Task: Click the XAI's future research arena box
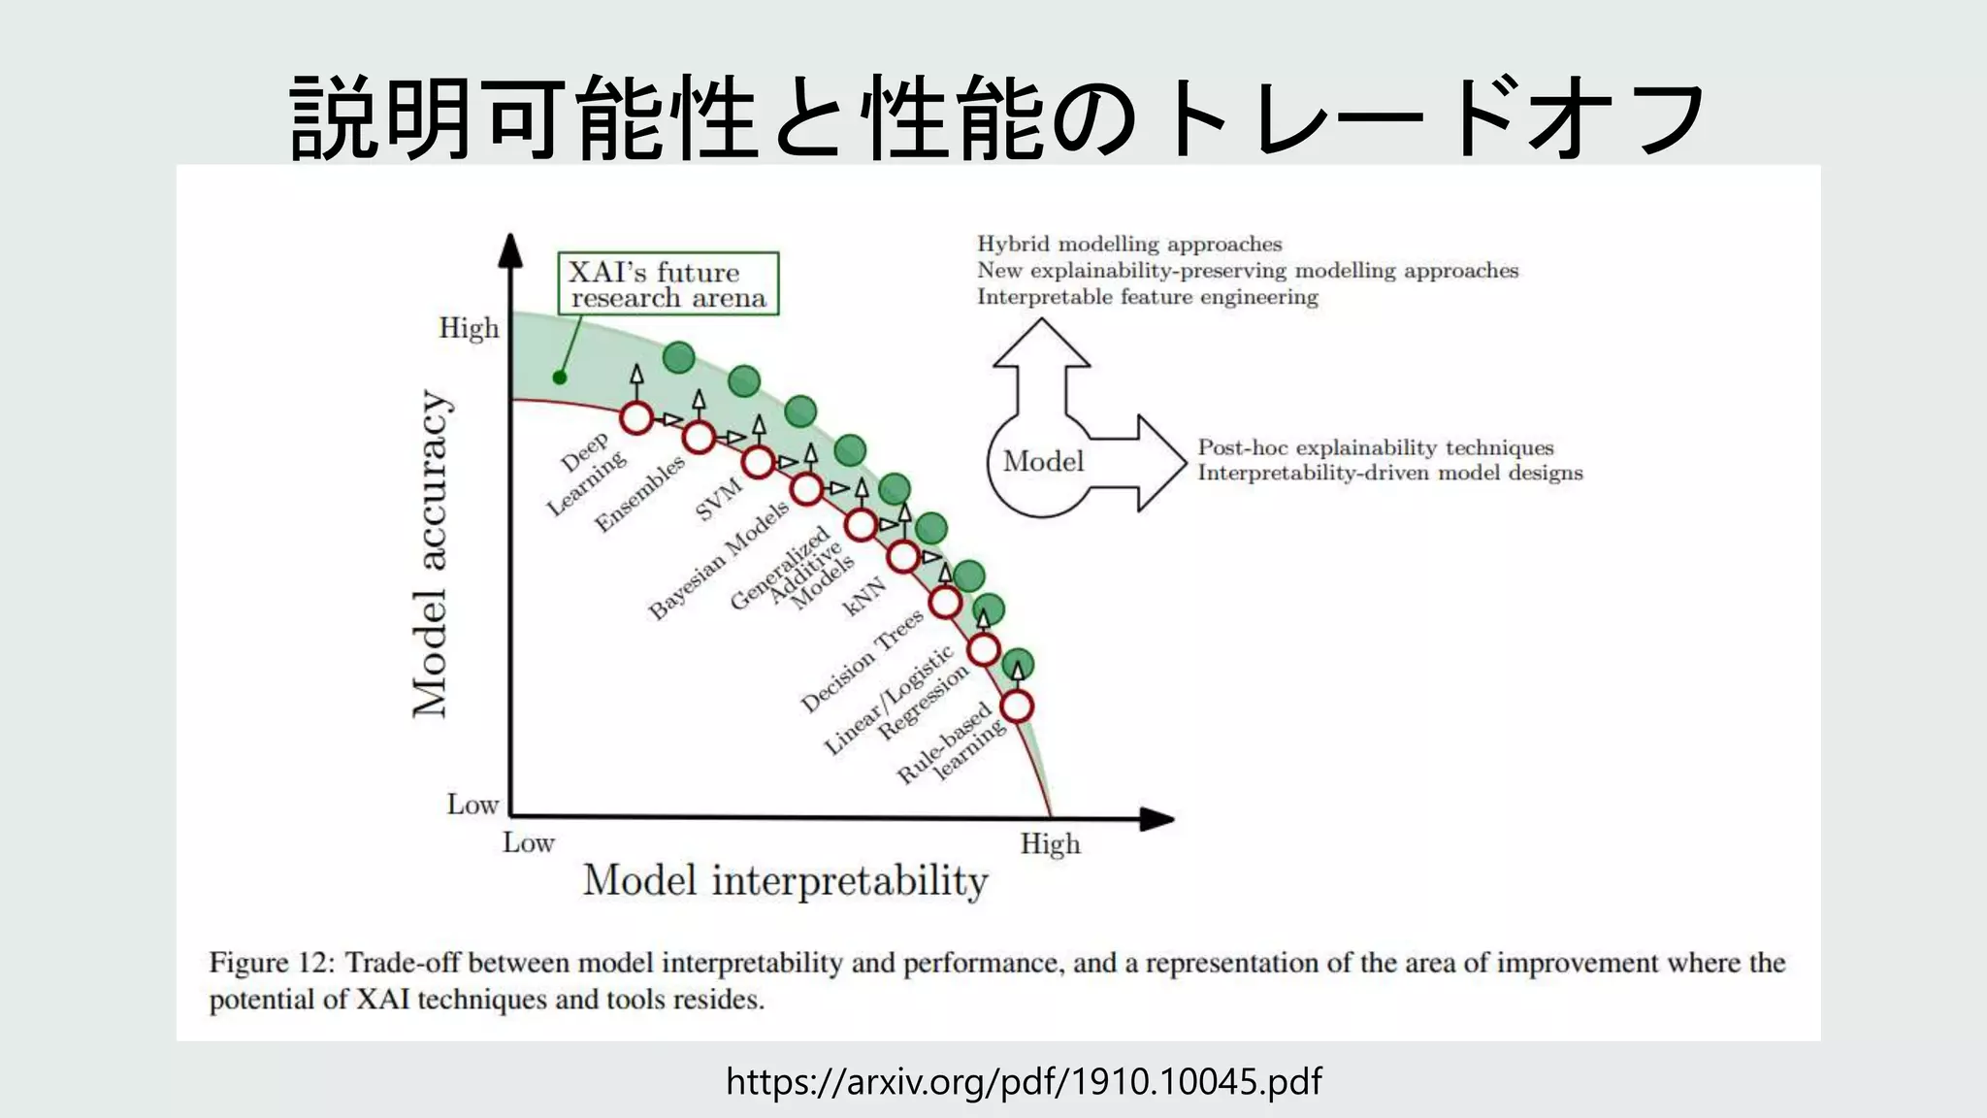coord(668,283)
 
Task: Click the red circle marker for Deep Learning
coord(636,418)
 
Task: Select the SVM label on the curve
coord(719,499)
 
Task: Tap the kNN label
coord(863,596)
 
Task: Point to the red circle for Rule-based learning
coord(1017,706)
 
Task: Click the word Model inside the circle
coord(1043,461)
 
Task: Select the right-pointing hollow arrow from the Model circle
coord(1145,463)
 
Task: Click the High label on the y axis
coord(469,328)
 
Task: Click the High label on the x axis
coord(1050,843)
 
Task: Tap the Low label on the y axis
coord(472,804)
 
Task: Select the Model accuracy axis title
coord(430,553)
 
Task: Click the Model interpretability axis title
coord(785,880)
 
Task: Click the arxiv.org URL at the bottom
coord(1024,1080)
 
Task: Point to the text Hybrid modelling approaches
coord(1129,244)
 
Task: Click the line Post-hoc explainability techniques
coord(1375,447)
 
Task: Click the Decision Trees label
coord(861,662)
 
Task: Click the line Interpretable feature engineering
coord(1147,297)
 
